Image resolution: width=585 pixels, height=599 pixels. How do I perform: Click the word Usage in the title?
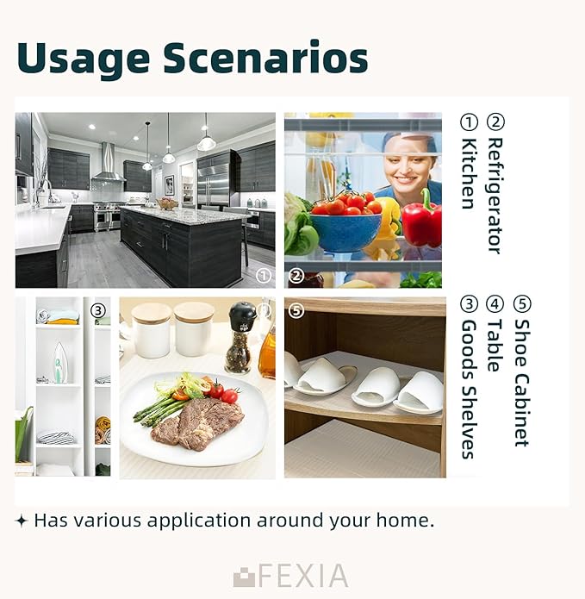click(84, 59)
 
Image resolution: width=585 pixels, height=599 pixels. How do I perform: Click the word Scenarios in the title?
click(265, 57)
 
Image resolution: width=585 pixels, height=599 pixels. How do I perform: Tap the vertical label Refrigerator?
click(495, 195)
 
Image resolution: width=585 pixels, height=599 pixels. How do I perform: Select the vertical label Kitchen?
click(470, 173)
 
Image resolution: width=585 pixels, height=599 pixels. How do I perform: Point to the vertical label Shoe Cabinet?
click(522, 383)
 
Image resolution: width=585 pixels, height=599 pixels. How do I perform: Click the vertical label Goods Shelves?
click(470, 389)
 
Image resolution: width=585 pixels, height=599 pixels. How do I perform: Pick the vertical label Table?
click(495, 346)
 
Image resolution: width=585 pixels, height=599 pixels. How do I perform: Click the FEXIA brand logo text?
click(290, 576)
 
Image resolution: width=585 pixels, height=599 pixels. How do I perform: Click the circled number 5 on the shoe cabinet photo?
click(296, 310)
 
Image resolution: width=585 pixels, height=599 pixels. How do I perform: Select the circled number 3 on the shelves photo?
click(98, 310)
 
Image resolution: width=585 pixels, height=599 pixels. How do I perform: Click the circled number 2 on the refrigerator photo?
click(296, 276)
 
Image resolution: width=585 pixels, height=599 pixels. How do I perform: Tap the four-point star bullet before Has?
click(22, 521)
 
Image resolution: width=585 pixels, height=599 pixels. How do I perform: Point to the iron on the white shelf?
click(59, 363)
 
